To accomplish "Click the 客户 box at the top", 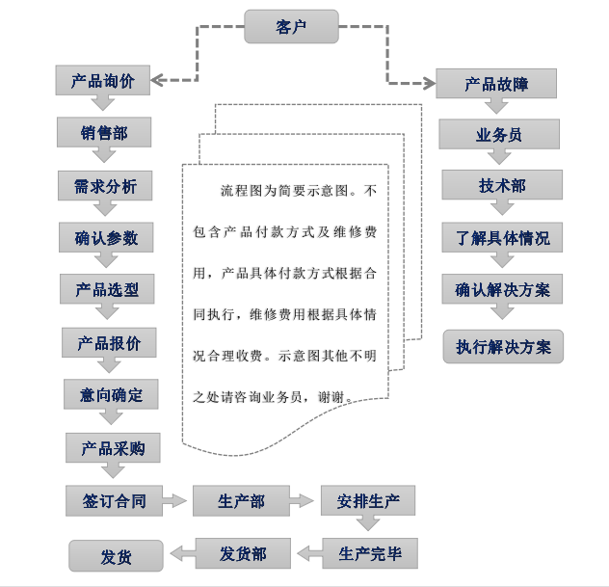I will [x=291, y=27].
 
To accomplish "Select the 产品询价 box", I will [x=102, y=81].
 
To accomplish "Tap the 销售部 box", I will [x=103, y=133].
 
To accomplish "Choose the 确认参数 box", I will [x=106, y=238].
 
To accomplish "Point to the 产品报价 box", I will [x=109, y=343].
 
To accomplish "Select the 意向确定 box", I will [x=111, y=395].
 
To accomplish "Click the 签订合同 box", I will [x=113, y=501].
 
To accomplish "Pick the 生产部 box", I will [x=241, y=501].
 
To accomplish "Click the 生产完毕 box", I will [x=370, y=554].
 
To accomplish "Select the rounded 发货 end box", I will [x=116, y=556].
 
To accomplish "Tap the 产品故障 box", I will [x=496, y=84].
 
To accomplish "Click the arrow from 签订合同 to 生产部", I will [x=174, y=501].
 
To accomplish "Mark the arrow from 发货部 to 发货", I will [x=180, y=554].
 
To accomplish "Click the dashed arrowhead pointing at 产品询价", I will [x=160, y=81].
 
